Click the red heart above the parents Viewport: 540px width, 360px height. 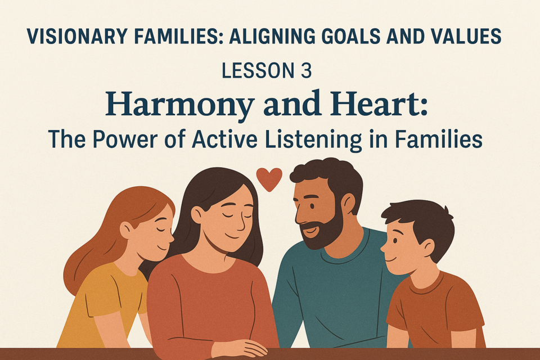tap(269, 179)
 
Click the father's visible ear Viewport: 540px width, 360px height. tap(348, 204)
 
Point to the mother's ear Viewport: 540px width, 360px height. tap(197, 215)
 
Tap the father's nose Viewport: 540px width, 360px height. tap(299, 217)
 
